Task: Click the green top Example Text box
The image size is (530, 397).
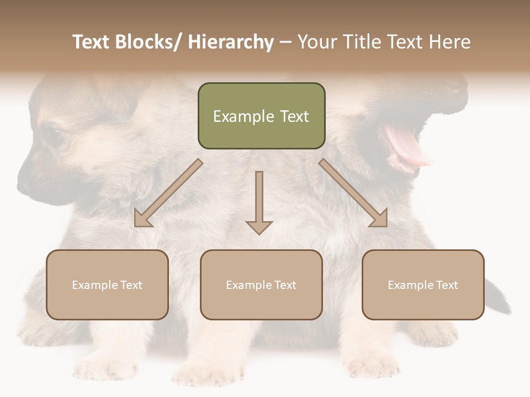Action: pos(261,116)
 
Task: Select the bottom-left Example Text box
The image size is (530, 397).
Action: pos(107,285)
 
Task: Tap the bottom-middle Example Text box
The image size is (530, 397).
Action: pos(261,285)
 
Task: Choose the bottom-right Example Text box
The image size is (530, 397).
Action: pos(423,285)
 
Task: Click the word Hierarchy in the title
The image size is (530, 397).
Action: pos(231,42)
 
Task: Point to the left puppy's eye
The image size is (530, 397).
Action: pos(55,135)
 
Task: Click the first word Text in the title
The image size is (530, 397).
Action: pos(92,42)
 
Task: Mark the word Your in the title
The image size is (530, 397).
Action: pos(317,42)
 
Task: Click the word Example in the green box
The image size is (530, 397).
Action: pos(236,116)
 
